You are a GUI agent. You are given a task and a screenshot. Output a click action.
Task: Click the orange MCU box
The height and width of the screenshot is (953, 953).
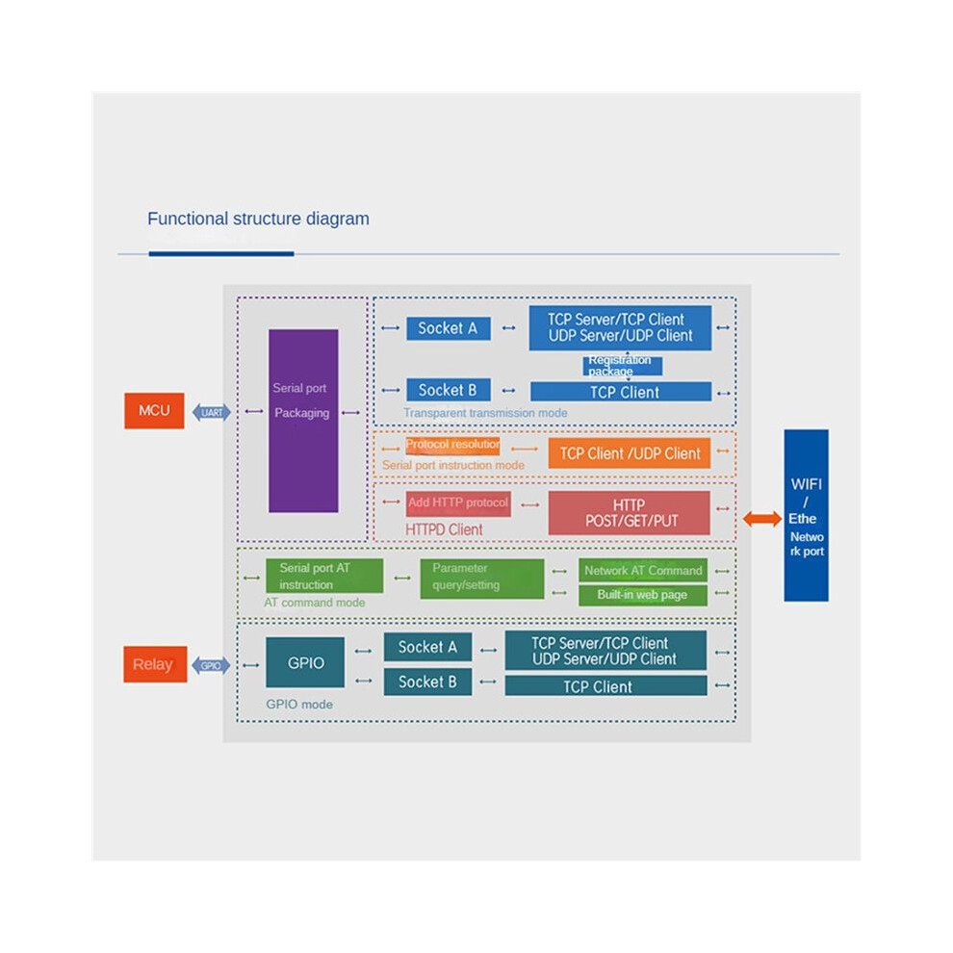pos(154,411)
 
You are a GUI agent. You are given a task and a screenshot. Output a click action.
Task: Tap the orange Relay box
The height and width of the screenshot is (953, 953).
pos(155,663)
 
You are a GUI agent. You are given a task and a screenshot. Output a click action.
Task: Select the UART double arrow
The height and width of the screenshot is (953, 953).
pos(212,413)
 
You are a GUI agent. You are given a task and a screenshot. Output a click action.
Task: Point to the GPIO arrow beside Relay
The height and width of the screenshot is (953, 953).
pos(211,665)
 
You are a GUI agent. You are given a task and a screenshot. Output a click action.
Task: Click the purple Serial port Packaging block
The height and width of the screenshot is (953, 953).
pos(303,421)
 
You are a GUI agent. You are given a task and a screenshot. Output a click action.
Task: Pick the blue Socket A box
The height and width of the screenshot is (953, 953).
pos(449,329)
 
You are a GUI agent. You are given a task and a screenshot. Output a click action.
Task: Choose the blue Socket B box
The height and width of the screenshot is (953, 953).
pos(449,390)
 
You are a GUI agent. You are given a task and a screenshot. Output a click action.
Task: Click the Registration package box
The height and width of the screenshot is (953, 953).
pos(623,366)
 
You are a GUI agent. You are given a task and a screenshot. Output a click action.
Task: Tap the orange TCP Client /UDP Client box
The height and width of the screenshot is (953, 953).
pos(629,453)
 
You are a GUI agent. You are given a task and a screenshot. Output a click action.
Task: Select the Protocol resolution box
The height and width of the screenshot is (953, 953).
pos(452,445)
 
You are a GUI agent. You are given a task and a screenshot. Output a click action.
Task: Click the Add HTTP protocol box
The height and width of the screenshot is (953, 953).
pos(458,503)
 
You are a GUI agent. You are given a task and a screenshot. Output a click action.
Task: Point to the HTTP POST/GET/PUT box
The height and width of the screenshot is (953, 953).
pos(629,513)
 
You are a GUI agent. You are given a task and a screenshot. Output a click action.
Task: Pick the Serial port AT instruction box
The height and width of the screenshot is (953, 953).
pos(324,576)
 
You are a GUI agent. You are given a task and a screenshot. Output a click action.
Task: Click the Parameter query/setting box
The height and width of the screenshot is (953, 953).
pos(482,579)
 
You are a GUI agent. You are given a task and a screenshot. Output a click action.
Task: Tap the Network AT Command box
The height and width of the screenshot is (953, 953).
pos(643,571)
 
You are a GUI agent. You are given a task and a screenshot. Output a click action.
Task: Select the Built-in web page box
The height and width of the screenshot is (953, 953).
pos(643,595)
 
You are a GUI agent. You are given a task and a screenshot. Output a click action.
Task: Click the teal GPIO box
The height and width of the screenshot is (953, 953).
pos(305,662)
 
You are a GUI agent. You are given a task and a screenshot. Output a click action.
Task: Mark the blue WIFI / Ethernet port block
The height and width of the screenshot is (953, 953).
pos(806,515)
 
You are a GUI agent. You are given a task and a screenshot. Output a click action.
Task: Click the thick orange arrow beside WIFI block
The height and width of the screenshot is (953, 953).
pos(762,519)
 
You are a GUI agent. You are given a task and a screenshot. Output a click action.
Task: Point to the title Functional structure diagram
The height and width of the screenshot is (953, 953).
pos(258,219)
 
